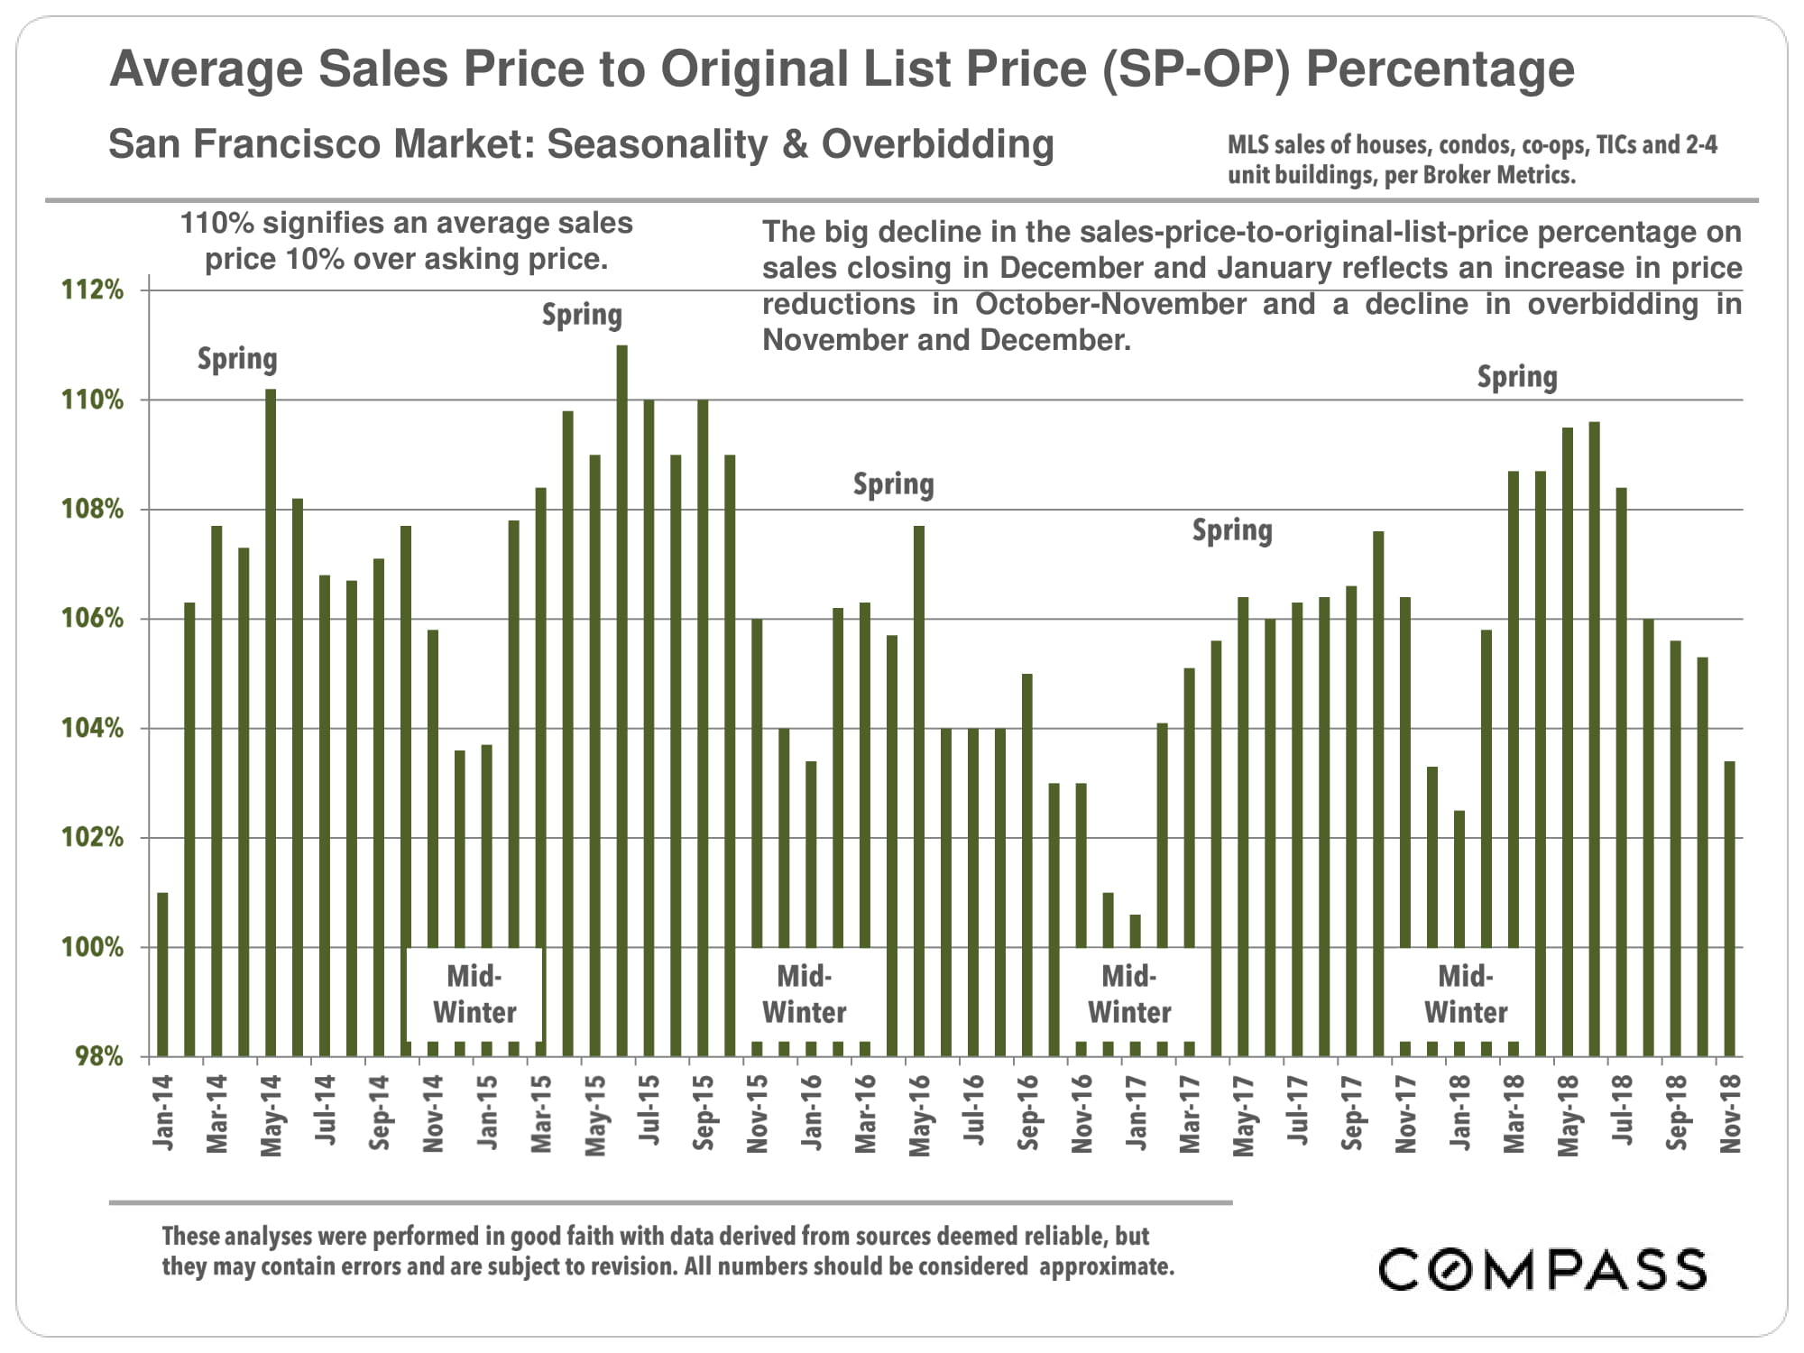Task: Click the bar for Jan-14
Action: click(x=162, y=974)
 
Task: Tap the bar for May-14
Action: click(x=271, y=722)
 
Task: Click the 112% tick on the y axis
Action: click(x=92, y=290)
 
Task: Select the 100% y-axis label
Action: click(x=92, y=948)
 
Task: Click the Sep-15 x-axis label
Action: click(x=704, y=1113)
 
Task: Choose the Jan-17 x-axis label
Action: click(x=1136, y=1113)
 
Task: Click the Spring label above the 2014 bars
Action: click(x=237, y=359)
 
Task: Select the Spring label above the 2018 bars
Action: click(x=1517, y=377)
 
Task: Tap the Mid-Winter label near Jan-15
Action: click(x=474, y=994)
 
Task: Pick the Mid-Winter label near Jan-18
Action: click(x=1466, y=994)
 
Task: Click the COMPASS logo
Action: click(x=1542, y=1269)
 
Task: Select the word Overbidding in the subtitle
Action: click(x=937, y=144)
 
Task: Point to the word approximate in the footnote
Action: click(x=1107, y=1266)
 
